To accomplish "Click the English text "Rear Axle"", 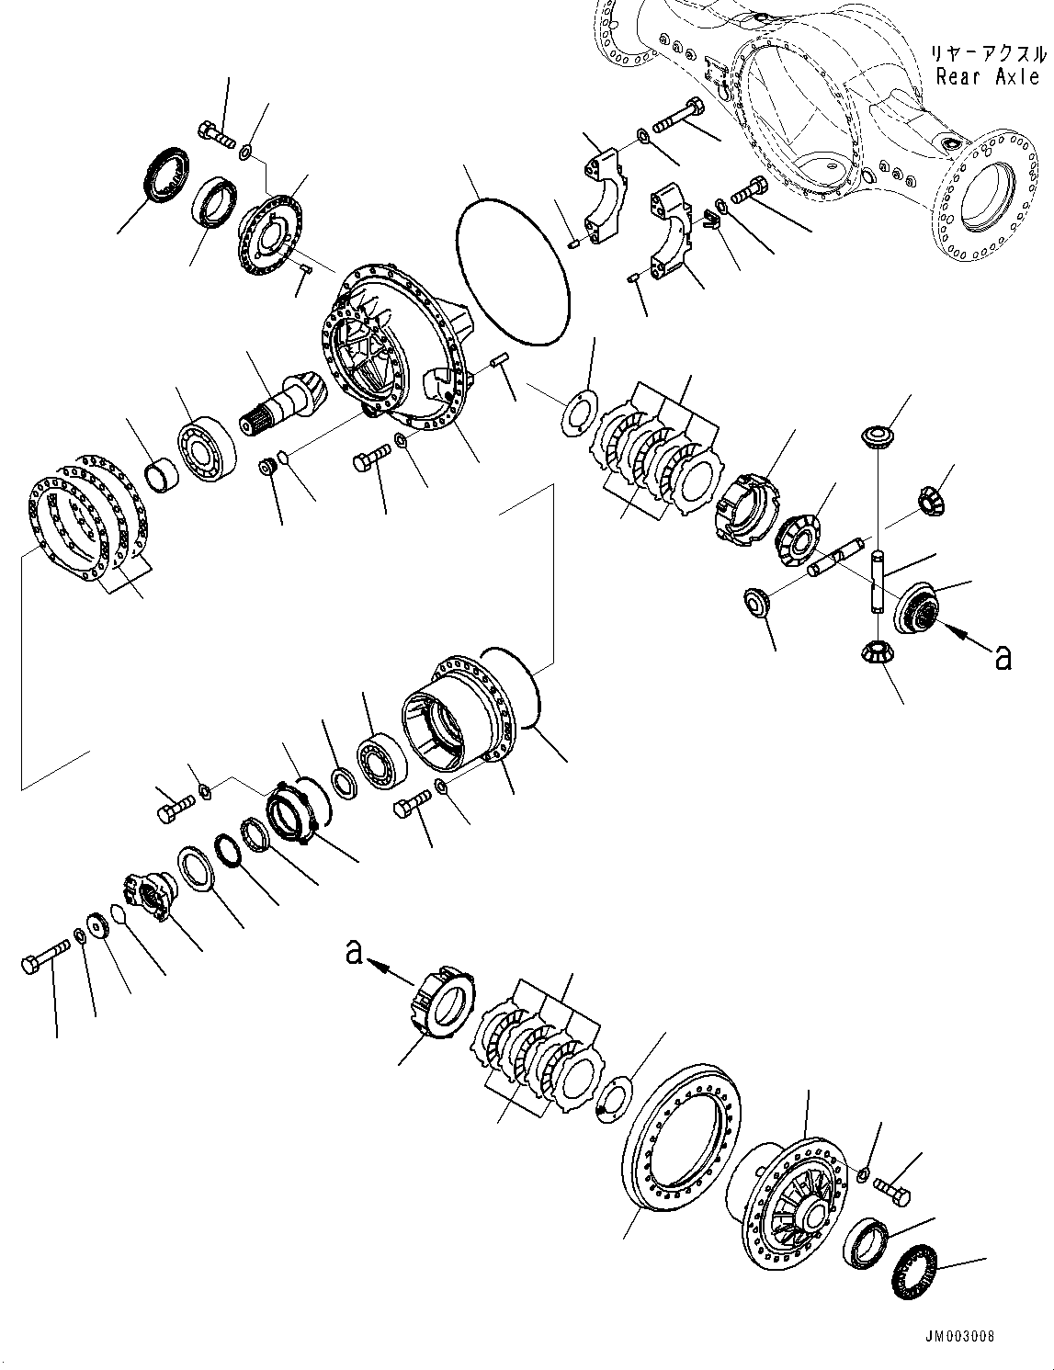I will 987,76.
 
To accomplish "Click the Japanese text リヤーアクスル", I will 988,53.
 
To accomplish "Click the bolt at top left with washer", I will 215,134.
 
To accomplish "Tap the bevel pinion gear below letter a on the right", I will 878,654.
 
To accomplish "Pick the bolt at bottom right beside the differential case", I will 891,1192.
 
